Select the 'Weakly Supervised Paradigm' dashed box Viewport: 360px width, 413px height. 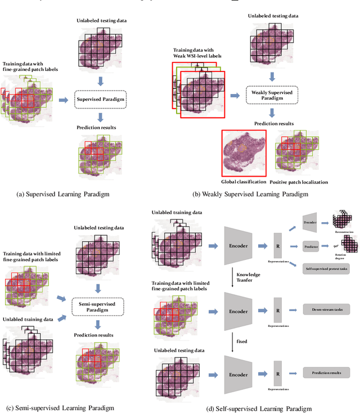[x=272, y=95]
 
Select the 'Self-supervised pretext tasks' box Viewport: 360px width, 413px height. [x=326, y=269]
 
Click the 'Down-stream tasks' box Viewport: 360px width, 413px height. [x=326, y=309]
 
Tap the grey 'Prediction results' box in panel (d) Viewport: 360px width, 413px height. [x=326, y=373]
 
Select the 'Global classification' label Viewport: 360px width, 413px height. [x=242, y=182]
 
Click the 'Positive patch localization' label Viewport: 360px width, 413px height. [x=299, y=182]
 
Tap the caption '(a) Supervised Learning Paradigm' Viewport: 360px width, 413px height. [x=64, y=194]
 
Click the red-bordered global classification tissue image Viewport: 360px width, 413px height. [x=243, y=153]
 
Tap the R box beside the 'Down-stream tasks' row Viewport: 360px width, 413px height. [x=277, y=309]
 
